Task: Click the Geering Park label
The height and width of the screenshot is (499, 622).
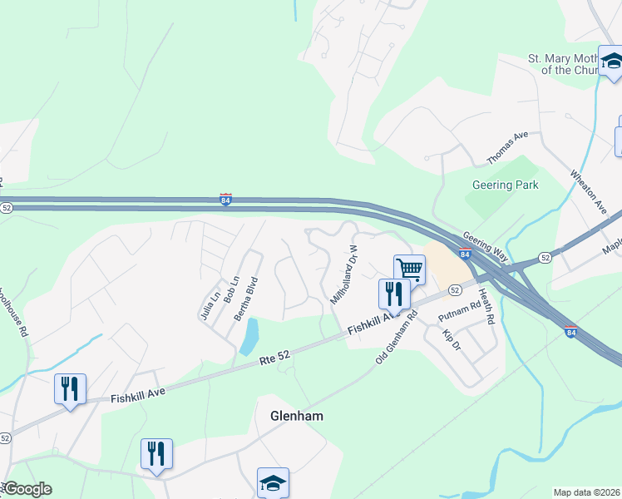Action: (506, 185)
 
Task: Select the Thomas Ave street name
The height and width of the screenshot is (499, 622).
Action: (508, 146)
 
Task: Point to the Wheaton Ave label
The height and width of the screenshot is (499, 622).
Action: (588, 192)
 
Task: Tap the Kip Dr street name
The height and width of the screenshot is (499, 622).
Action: (451, 339)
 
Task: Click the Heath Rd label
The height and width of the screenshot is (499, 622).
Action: (486, 307)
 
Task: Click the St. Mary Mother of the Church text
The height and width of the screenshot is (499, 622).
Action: (564, 64)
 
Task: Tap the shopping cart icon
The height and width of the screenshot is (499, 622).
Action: (409, 269)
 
